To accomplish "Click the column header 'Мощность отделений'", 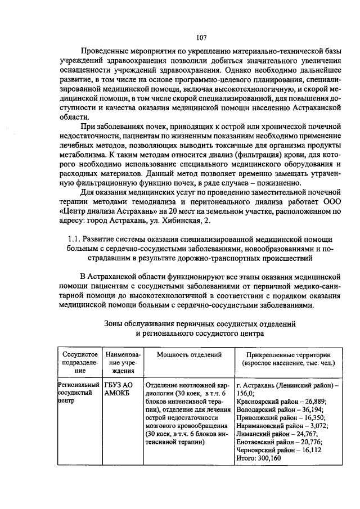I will (188, 354).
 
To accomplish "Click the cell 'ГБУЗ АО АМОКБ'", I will (119, 389).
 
